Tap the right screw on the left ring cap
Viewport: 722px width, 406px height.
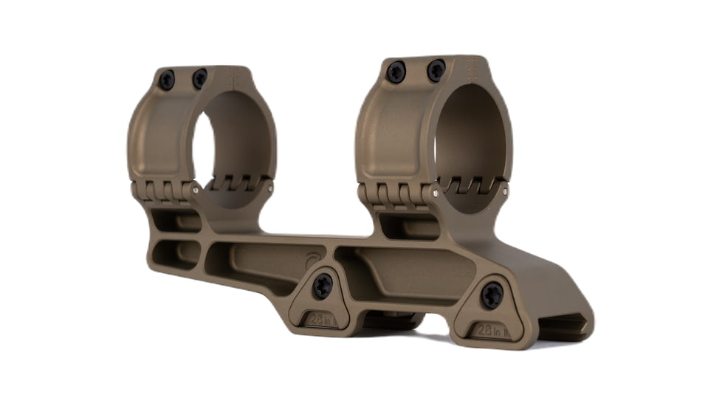click(200, 78)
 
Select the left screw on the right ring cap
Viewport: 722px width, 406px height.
click(396, 72)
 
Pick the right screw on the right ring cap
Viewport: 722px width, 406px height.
click(436, 71)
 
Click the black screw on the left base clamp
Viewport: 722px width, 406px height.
click(323, 286)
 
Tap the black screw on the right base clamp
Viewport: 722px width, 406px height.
click(492, 295)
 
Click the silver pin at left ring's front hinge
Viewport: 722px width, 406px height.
click(196, 190)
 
